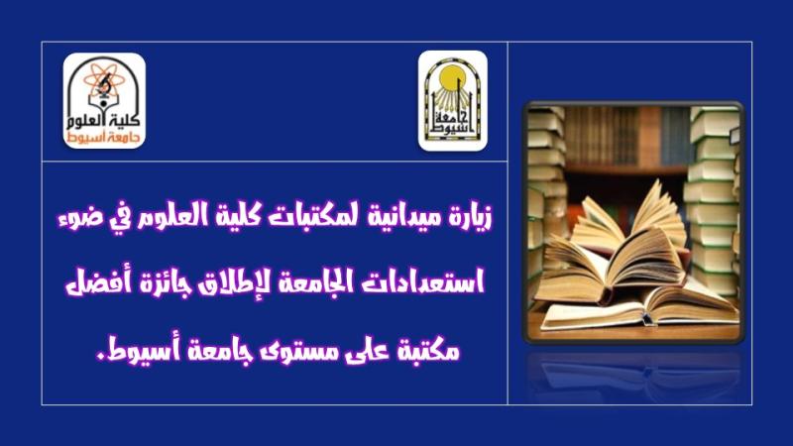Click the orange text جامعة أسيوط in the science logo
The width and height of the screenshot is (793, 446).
pyautogui.click(x=104, y=139)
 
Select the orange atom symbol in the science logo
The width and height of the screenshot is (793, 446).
pyautogui.click(x=104, y=81)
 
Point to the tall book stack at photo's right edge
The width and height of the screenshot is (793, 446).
pyautogui.click(x=713, y=202)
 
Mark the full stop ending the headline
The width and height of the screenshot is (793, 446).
pyautogui.click(x=100, y=357)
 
